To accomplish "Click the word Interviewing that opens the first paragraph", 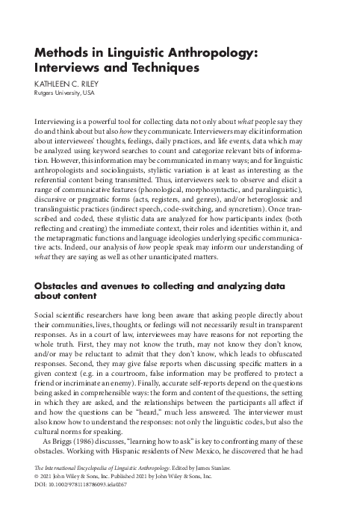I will [x=58, y=121].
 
